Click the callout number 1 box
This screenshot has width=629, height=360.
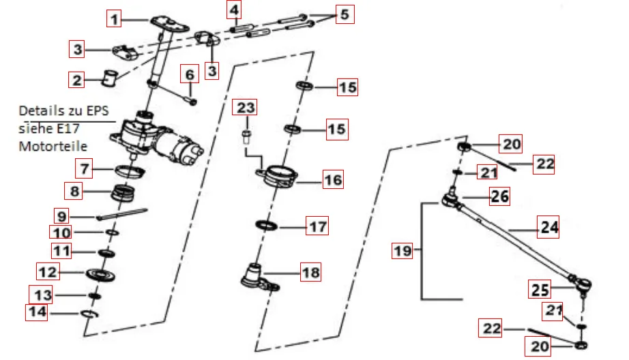[115, 19]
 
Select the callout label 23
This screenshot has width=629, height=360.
[246, 108]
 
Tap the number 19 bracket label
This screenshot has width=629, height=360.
[402, 251]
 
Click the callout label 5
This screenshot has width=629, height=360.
[344, 14]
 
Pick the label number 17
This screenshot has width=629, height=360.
[318, 226]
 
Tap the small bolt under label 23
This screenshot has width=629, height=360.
[246, 133]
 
